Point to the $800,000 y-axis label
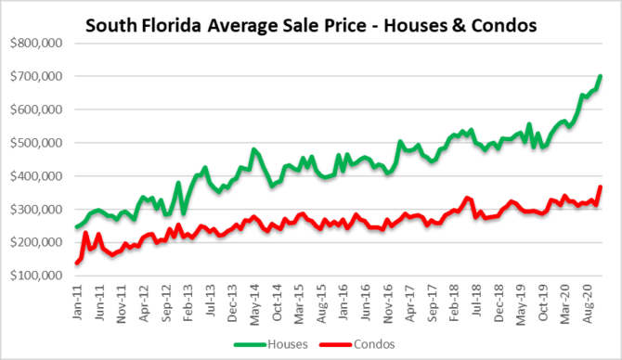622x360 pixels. (37, 43)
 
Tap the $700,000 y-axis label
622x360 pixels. (37, 76)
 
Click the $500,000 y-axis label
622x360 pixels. (37, 143)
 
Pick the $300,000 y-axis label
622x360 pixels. (37, 210)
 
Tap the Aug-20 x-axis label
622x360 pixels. (590, 302)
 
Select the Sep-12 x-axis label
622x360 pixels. (166, 302)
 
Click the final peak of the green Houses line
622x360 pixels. (600, 76)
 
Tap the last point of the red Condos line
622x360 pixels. (600, 187)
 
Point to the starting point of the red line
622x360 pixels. (76, 264)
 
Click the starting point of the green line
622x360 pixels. (76, 227)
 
